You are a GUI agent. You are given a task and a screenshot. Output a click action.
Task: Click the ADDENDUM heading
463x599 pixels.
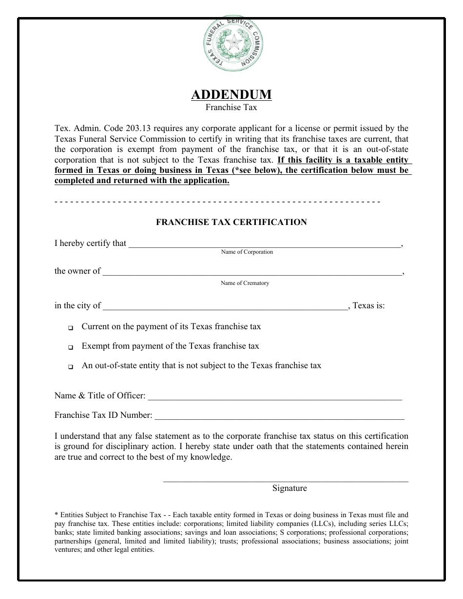tap(231, 94)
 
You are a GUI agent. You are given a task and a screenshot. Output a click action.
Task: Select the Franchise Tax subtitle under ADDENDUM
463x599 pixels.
tap(231, 107)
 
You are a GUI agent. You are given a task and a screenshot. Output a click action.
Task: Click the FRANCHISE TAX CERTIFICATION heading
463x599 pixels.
tap(231, 222)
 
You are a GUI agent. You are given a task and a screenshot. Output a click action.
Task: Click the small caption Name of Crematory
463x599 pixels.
tap(245, 283)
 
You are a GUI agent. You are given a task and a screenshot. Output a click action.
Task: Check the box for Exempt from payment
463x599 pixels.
tap(71, 348)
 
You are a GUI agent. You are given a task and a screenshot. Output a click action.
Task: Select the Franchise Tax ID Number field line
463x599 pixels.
tap(279, 417)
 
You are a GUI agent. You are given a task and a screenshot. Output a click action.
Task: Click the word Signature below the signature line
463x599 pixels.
tap(289, 488)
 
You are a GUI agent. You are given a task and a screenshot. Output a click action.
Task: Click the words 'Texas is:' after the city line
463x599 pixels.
tap(368, 306)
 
